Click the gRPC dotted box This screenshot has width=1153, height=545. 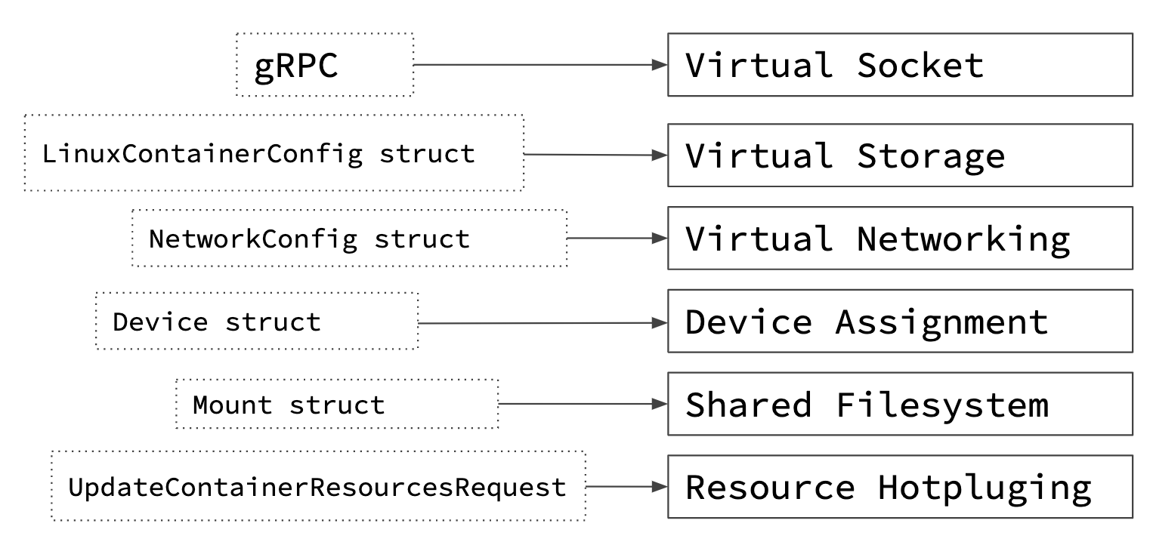pyautogui.click(x=325, y=65)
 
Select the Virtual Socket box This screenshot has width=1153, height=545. pyautogui.click(x=899, y=65)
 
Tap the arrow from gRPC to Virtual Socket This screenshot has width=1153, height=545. pyautogui.click(x=539, y=65)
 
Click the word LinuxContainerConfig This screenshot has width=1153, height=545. pyautogui.click(x=202, y=154)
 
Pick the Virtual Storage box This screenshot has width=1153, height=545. pyautogui.click(x=899, y=155)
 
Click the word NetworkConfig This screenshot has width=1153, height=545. pyautogui.click(x=252, y=239)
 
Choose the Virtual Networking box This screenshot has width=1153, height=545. pyautogui.click(x=899, y=239)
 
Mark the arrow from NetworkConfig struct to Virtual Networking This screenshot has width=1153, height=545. pyautogui.click(x=617, y=239)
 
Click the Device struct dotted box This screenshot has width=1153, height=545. pyautogui.click(x=257, y=322)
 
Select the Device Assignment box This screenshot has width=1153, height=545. pyautogui.click(x=899, y=322)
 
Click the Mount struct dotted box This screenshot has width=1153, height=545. pyautogui.click(x=337, y=405)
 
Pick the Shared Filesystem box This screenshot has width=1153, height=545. pyautogui.click(x=899, y=405)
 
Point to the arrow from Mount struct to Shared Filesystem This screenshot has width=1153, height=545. pyautogui.click(x=582, y=405)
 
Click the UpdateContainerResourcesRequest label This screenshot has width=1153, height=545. pyautogui.click(x=317, y=487)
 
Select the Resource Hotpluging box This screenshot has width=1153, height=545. pyautogui.click(x=899, y=487)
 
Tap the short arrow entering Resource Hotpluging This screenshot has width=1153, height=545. pyautogui.click(x=626, y=487)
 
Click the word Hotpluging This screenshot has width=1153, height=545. pyautogui.click(x=984, y=488)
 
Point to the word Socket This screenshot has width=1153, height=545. pyautogui.click(x=920, y=66)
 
